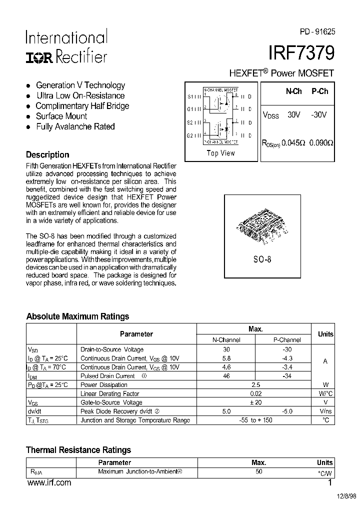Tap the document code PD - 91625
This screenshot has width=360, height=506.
(x=317, y=31)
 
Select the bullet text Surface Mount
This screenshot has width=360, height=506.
(x=61, y=116)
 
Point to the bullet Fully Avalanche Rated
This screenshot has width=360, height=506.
(x=75, y=127)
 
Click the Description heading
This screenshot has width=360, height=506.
(x=47, y=154)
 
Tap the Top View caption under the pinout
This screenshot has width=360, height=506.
(x=220, y=153)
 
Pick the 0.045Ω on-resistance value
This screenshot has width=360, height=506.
(x=293, y=142)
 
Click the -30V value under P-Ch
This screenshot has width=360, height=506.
(x=318, y=114)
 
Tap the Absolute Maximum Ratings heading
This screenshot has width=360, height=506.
(x=77, y=316)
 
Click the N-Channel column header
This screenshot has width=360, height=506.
(x=226, y=340)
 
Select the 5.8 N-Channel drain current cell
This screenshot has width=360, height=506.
(x=226, y=358)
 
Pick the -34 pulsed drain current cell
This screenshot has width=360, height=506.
(x=286, y=376)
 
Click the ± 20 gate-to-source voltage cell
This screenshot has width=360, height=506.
(x=256, y=402)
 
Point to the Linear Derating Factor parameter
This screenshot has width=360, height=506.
(x=110, y=394)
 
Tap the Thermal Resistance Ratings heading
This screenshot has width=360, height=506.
(x=78, y=450)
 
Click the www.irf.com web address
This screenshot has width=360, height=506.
(x=49, y=483)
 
